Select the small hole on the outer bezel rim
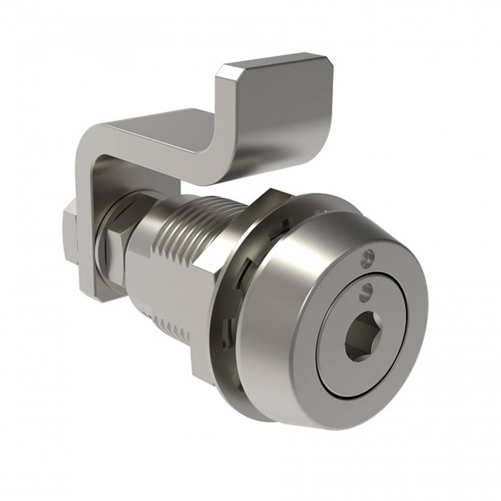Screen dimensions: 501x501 tap(368, 257)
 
